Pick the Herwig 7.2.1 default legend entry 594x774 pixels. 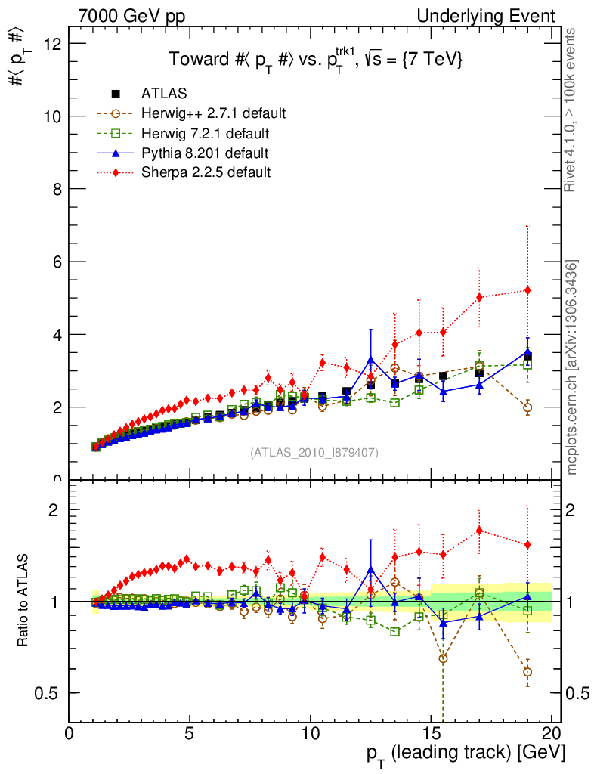coord(205,133)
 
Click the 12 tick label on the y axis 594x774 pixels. coord(52,43)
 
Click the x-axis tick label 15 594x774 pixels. coord(431,735)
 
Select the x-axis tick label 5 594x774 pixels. coord(190,735)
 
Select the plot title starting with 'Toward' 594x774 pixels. coord(315,60)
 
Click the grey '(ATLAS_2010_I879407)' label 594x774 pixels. coord(314,453)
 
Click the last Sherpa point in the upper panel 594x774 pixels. coord(527,290)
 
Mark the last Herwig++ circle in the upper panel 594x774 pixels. coord(527,407)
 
